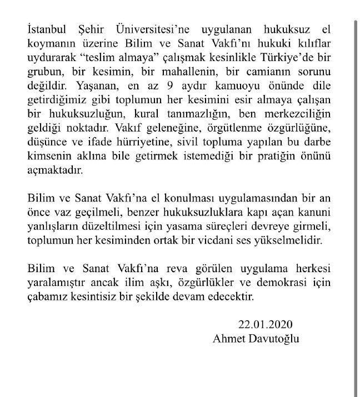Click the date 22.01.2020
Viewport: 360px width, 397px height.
tap(261, 324)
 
